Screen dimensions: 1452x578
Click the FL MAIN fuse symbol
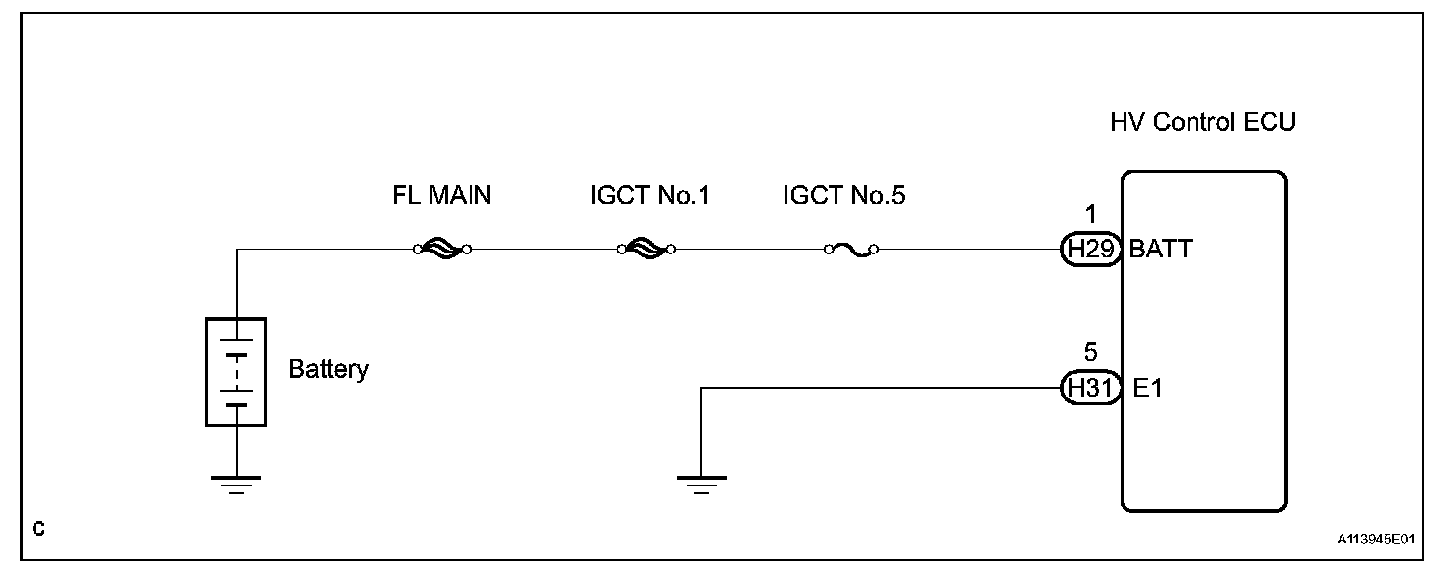pos(441,250)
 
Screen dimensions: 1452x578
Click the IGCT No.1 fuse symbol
pos(646,250)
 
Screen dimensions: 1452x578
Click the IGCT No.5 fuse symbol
pos(851,250)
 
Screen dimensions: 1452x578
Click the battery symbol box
pos(236,372)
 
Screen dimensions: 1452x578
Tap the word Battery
pos(328,370)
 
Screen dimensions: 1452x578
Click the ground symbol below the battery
pos(236,482)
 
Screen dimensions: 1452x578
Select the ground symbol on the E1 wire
pos(701,482)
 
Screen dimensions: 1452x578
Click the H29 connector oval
pos(1089,250)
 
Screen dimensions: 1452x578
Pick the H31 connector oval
pos(1089,389)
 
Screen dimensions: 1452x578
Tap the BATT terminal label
pos(1160,250)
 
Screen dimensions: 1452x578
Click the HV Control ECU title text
pos(1202,124)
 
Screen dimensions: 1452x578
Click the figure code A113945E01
pos(1376,541)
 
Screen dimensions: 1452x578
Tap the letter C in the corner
pos(37,530)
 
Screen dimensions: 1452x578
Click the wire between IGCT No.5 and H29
pos(967,250)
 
